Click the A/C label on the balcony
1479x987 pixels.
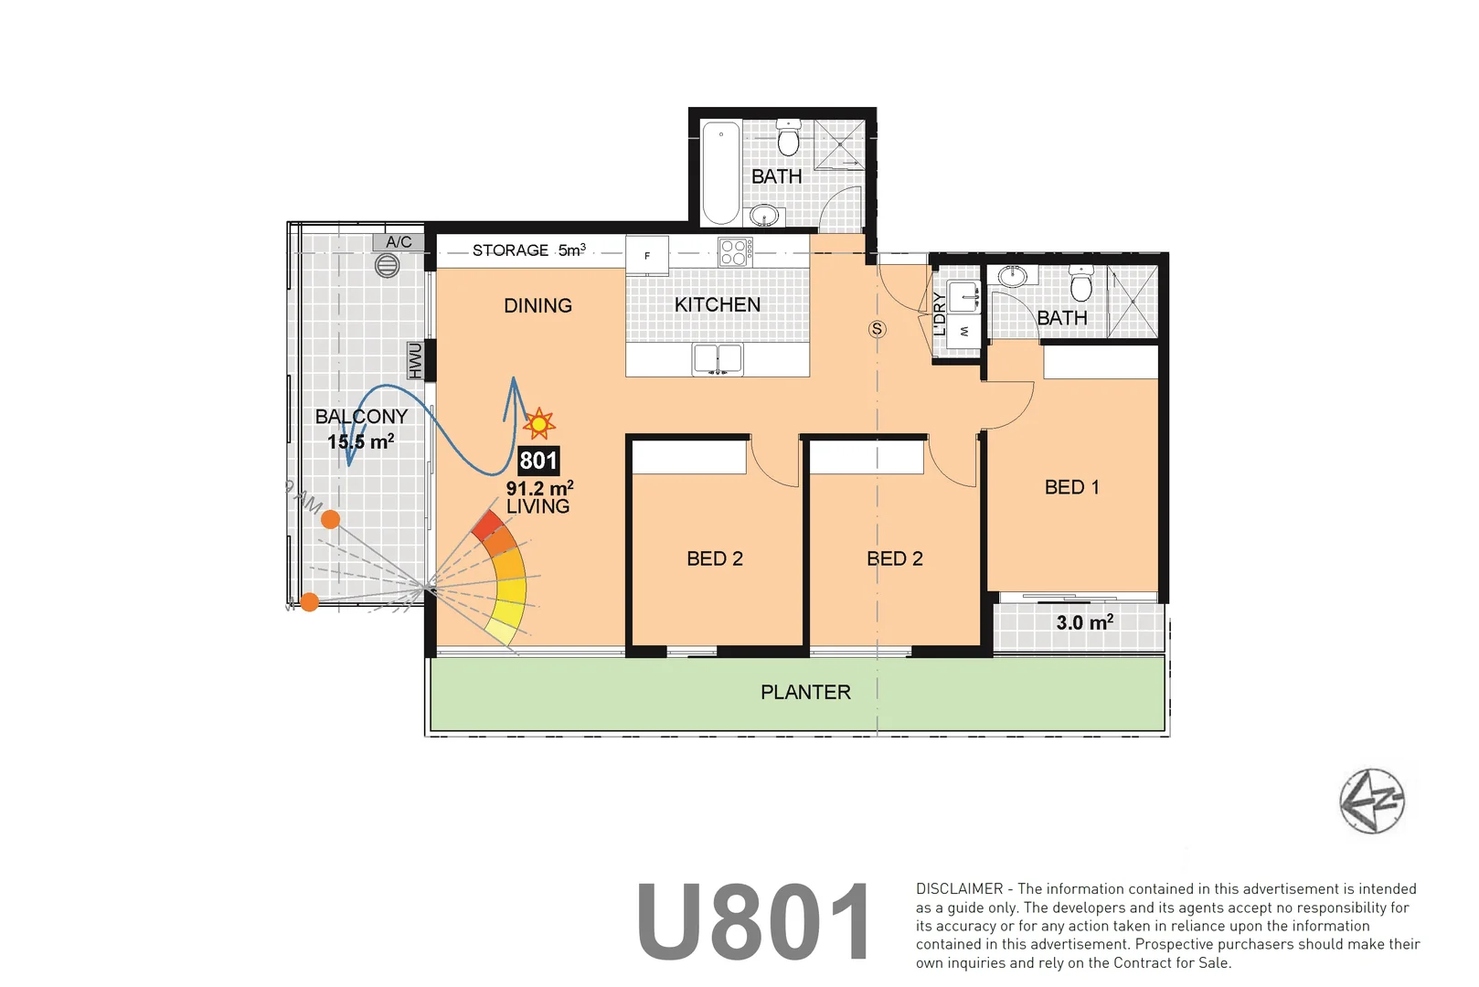tap(399, 242)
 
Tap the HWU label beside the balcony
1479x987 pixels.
tap(416, 360)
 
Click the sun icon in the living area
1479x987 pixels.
tap(539, 424)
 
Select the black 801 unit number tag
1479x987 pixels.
tap(538, 461)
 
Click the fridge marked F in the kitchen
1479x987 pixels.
tap(647, 255)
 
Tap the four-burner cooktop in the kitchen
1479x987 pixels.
tap(735, 251)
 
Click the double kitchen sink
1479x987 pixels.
tap(718, 359)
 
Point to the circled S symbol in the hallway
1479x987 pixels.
tap(878, 329)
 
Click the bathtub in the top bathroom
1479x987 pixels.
tap(721, 173)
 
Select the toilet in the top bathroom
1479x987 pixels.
tap(788, 139)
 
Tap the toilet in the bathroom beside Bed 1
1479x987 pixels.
tap(1081, 285)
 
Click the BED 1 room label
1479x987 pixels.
tap(1071, 487)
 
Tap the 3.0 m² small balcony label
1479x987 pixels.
tap(1084, 622)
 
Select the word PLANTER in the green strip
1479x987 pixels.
tap(805, 693)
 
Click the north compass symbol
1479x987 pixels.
tap(1371, 801)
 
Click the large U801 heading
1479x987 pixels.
tap(754, 923)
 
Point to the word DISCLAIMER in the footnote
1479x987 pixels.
tap(959, 889)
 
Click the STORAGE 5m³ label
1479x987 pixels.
tap(528, 250)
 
